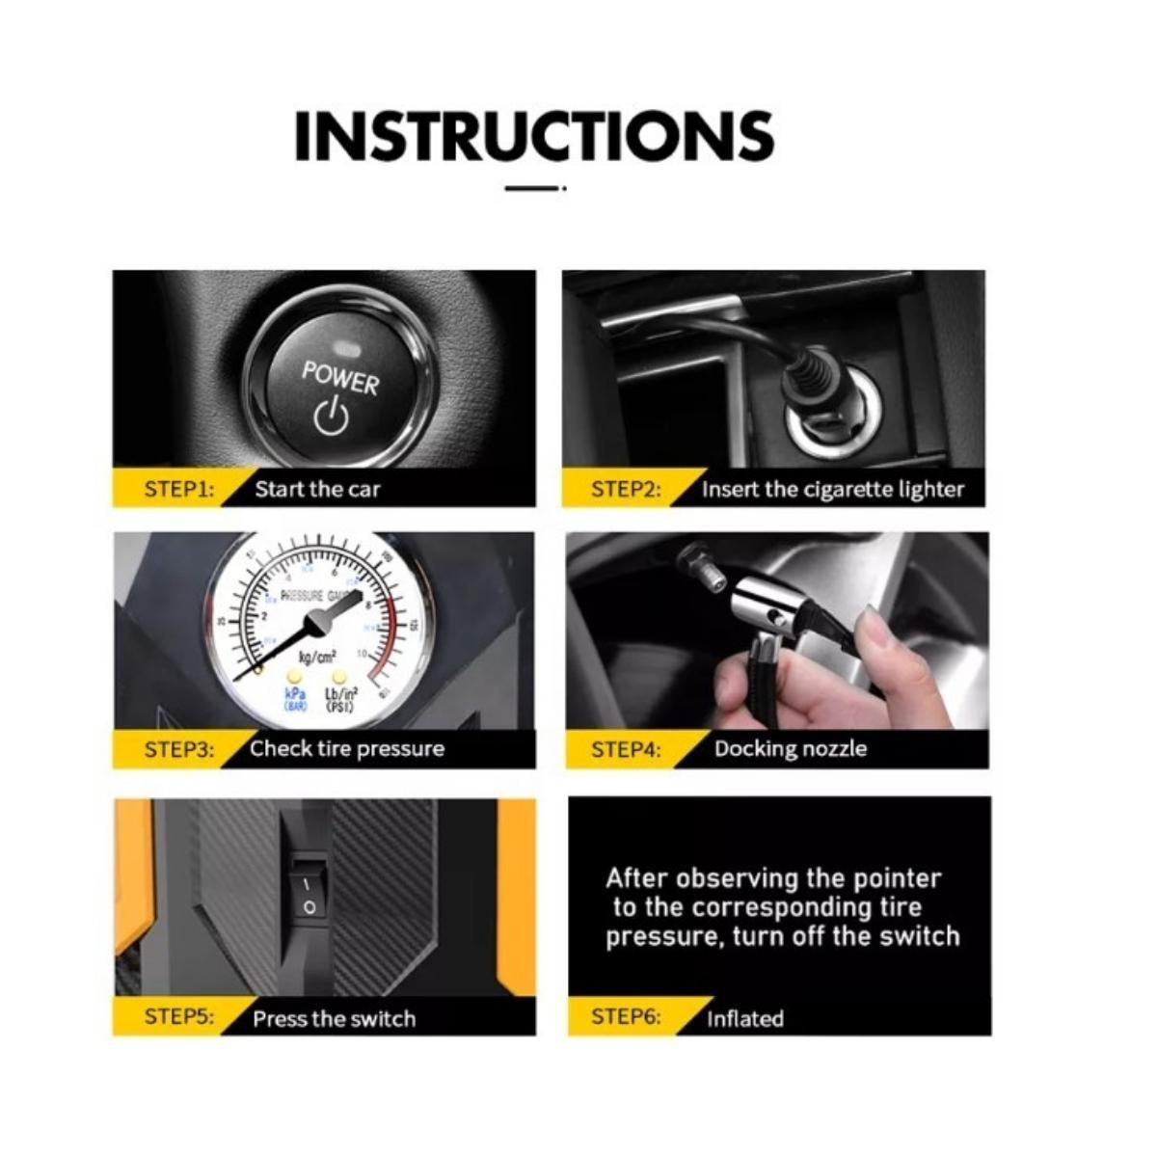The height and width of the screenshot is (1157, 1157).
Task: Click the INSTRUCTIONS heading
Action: [x=533, y=136]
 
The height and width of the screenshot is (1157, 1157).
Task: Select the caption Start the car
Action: [x=317, y=489]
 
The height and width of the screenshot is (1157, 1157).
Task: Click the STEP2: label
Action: [x=626, y=489]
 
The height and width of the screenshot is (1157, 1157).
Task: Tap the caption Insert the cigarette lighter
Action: [x=832, y=489]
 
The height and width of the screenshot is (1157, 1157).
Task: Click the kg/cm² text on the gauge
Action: [x=317, y=658]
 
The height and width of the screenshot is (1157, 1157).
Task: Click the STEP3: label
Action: [x=178, y=749]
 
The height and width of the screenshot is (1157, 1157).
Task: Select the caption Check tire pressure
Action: [x=347, y=749]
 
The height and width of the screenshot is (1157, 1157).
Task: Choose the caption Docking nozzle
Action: [x=790, y=749]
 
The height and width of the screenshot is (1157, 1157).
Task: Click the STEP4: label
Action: [x=626, y=749]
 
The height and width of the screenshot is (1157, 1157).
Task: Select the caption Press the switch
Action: [x=334, y=1018]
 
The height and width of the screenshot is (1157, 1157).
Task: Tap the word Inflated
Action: [x=744, y=1018]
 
